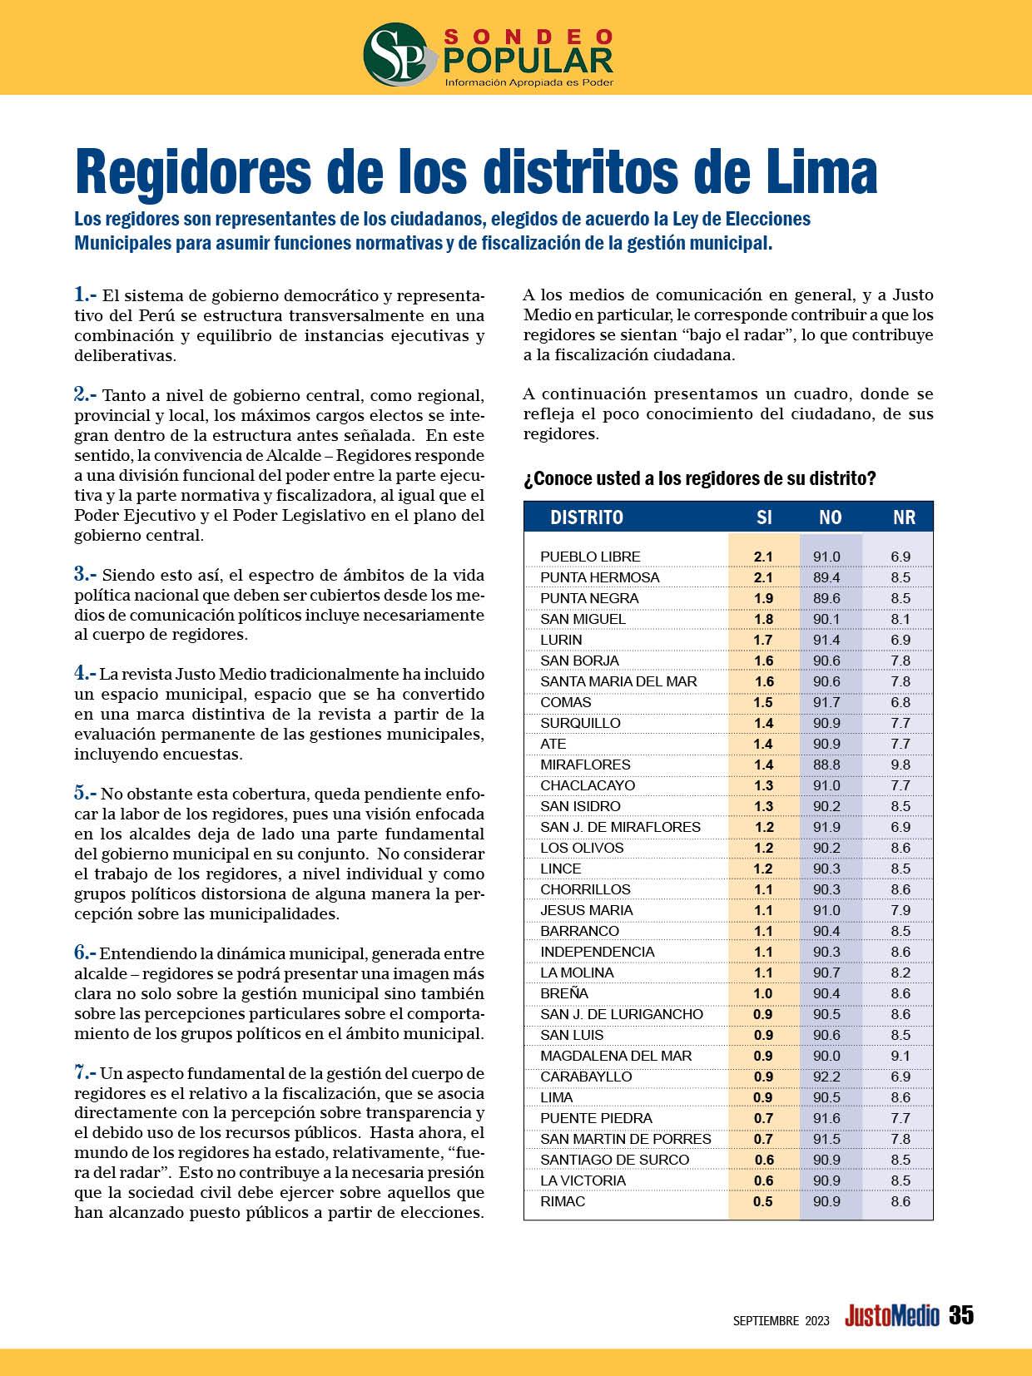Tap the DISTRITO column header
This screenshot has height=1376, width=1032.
pos(587,517)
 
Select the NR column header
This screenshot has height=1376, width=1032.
pos(904,517)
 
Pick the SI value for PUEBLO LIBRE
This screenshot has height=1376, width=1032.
pos(763,557)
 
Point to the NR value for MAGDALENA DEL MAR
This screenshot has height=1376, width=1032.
pos(901,1056)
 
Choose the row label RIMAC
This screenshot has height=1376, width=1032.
pos(563,1201)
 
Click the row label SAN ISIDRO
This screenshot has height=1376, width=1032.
pos(580,806)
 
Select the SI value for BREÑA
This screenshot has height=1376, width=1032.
pos(763,993)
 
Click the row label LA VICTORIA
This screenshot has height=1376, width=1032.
pos(583,1180)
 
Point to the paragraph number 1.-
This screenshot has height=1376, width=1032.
pos(86,295)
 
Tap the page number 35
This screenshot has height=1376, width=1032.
pos(960,1315)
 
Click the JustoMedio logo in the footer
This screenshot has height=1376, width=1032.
pos(891,1316)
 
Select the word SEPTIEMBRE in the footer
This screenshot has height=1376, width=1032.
pos(766,1320)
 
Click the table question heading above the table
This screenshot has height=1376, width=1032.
pos(699,479)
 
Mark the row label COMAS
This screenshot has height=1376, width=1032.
pos(566,702)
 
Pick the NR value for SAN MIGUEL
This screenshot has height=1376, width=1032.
pos(901,619)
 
